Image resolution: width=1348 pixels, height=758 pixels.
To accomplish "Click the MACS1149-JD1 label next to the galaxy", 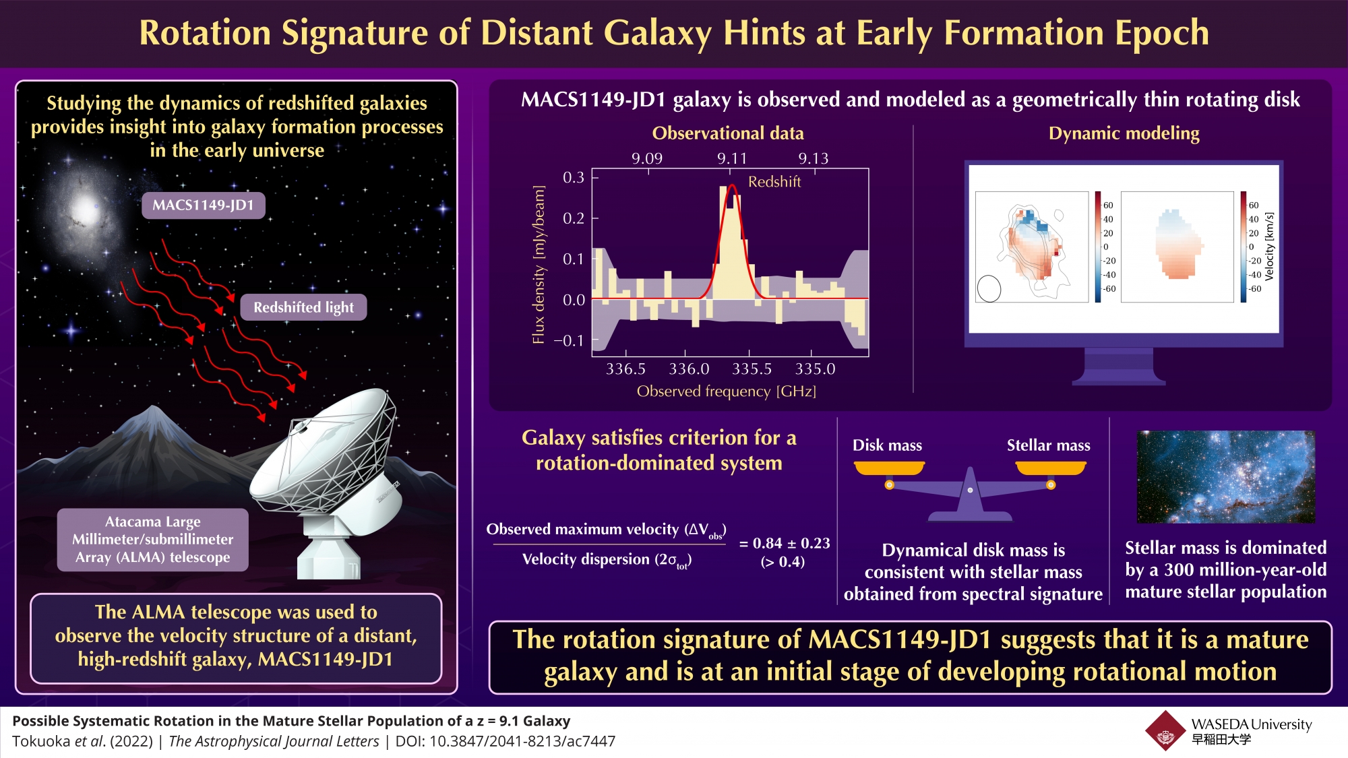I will pyautogui.click(x=203, y=206).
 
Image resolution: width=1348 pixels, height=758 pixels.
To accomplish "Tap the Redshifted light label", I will pyautogui.click(x=303, y=307).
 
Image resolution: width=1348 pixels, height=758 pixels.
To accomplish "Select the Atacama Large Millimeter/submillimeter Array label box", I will pyautogui.click(x=153, y=539).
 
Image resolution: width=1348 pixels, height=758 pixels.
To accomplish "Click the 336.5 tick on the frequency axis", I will pyautogui.click(x=625, y=369).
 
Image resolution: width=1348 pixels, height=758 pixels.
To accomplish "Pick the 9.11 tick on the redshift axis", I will pyautogui.click(x=732, y=158).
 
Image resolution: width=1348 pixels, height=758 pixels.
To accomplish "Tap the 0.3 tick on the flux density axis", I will pyautogui.click(x=574, y=177).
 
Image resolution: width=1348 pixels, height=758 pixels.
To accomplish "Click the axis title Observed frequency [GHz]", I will pyautogui.click(x=726, y=391).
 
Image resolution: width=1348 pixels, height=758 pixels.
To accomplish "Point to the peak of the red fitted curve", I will pyautogui.click(x=732, y=186).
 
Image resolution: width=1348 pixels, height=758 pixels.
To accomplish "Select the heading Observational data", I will pyautogui.click(x=728, y=133).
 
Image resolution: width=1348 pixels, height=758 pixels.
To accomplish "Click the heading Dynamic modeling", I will pyautogui.click(x=1124, y=133).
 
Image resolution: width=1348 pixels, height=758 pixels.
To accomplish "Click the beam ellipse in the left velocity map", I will pyautogui.click(x=989, y=288).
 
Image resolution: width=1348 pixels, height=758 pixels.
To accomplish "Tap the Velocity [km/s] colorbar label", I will pyautogui.click(x=1269, y=247).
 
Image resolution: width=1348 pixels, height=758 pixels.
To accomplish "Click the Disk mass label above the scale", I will pyautogui.click(x=887, y=445).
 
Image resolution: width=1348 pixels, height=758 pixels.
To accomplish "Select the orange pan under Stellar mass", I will pyautogui.click(x=1050, y=468).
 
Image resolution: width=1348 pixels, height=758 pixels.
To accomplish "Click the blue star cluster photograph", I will pyautogui.click(x=1225, y=477).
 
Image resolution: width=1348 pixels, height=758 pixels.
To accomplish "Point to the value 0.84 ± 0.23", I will pyautogui.click(x=785, y=543).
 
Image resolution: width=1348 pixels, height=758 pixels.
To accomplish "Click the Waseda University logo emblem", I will pyautogui.click(x=1165, y=731).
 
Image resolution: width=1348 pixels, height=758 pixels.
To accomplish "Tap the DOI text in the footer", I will pyautogui.click(x=505, y=741).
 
